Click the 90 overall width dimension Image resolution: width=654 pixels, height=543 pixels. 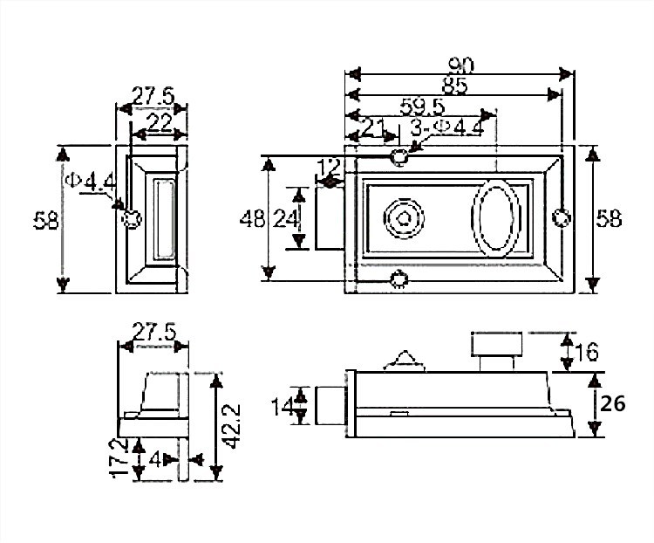pyautogui.click(x=461, y=65)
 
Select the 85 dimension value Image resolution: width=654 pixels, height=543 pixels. pyautogui.click(x=455, y=86)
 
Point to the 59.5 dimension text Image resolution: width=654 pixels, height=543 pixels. pyautogui.click(x=422, y=107)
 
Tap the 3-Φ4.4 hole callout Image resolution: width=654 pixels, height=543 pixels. pyautogui.click(x=446, y=127)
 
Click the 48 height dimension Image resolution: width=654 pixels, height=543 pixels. pyautogui.click(x=252, y=219)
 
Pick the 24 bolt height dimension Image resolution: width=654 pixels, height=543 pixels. pyautogui.click(x=285, y=219)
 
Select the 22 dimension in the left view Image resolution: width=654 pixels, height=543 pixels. pyautogui.click(x=160, y=124)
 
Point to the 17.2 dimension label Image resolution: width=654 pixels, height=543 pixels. pyautogui.click(x=119, y=457)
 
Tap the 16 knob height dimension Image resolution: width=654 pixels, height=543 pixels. pyautogui.click(x=586, y=352)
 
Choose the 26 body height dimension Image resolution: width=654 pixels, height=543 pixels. pyautogui.click(x=612, y=404)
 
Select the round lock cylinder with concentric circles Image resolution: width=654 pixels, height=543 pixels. pyautogui.click(x=404, y=218)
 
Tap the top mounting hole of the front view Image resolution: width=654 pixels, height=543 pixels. pyautogui.click(x=399, y=156)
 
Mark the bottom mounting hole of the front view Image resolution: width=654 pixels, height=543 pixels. pyautogui.click(x=399, y=278)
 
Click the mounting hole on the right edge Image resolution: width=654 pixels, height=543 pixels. pyautogui.click(x=562, y=218)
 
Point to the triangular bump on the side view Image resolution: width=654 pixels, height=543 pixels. pyautogui.click(x=404, y=361)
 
